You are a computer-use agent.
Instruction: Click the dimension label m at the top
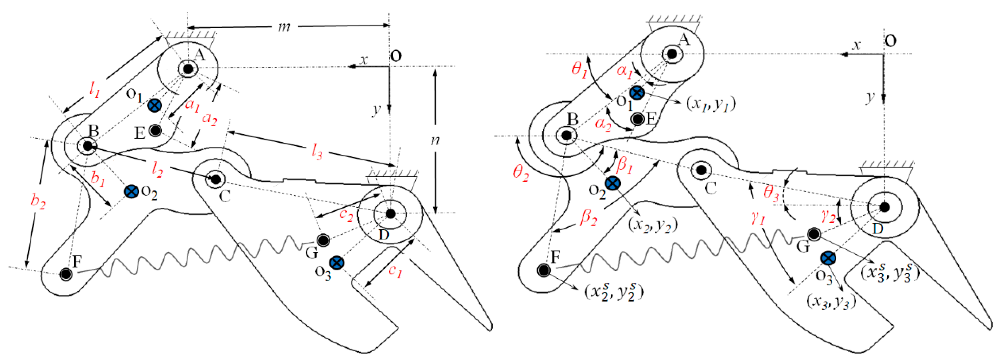(284, 27)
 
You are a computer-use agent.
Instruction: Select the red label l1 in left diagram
(94, 90)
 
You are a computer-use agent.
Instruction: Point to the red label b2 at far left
(38, 201)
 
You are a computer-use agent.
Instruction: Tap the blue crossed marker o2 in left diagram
(132, 191)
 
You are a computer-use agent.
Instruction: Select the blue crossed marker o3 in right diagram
(828, 258)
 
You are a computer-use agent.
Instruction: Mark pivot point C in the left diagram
(216, 179)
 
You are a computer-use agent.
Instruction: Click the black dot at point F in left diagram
(65, 274)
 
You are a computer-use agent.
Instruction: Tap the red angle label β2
(589, 218)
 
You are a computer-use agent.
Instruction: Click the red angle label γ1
(758, 218)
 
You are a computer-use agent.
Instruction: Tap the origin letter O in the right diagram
(891, 40)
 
